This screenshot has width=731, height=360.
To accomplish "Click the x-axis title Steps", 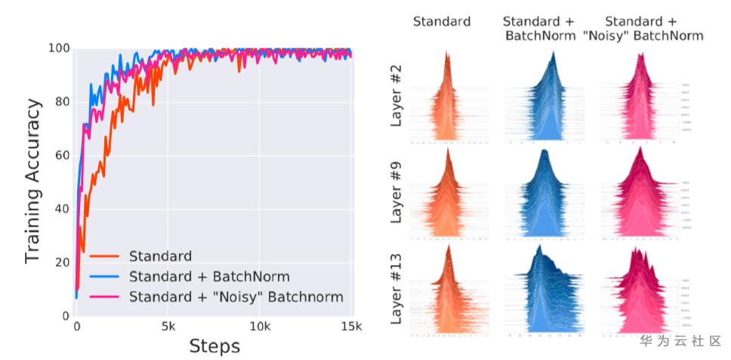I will pos(214,346).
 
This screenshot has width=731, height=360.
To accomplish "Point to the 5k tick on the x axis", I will pos(168,326).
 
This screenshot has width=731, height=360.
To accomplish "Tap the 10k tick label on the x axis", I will pos(260,326).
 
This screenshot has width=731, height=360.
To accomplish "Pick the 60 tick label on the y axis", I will pos(61,155).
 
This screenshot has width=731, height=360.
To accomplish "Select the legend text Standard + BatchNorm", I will pos(209,276).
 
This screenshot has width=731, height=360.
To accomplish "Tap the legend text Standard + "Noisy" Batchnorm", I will pos(236,297).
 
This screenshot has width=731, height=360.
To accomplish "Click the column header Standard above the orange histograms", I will pos(441,21).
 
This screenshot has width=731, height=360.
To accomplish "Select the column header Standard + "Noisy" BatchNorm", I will pos(653,28).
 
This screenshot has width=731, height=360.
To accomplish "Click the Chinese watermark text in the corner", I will pos(680,340).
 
